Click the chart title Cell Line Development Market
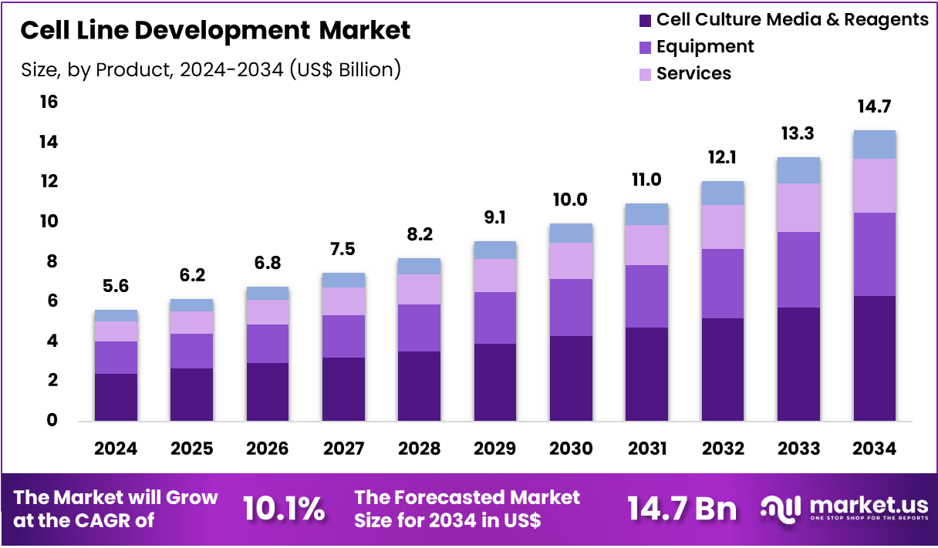[215, 31]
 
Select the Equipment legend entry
[704, 46]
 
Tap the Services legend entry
[693, 73]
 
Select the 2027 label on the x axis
[343, 449]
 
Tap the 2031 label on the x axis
[646, 449]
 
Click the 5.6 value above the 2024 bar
[116, 287]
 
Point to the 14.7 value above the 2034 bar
[874, 106]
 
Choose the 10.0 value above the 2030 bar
[571, 200]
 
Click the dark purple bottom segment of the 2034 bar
[874, 358]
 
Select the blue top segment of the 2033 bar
[798, 170]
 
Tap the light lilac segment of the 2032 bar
[723, 227]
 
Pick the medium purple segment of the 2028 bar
[419, 328]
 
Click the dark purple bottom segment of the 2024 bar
[116, 397]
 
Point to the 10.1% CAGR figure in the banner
[283, 509]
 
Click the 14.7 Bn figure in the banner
[681, 509]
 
